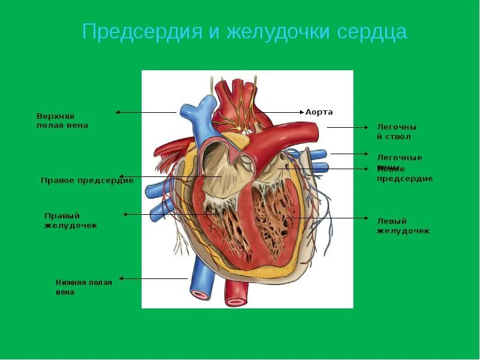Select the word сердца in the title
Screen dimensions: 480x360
(372, 32)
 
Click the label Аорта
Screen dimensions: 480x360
(319, 112)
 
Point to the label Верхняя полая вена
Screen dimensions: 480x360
(62, 120)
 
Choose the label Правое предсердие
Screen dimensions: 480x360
(87, 181)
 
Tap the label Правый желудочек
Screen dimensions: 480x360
(71, 220)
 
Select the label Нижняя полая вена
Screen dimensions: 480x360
(84, 287)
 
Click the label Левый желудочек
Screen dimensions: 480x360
(403, 226)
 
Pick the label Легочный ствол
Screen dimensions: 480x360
(397, 131)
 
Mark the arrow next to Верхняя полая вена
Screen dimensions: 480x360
(146, 112)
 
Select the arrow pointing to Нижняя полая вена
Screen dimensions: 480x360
(153, 278)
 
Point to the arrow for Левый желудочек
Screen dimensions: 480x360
(327, 218)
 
